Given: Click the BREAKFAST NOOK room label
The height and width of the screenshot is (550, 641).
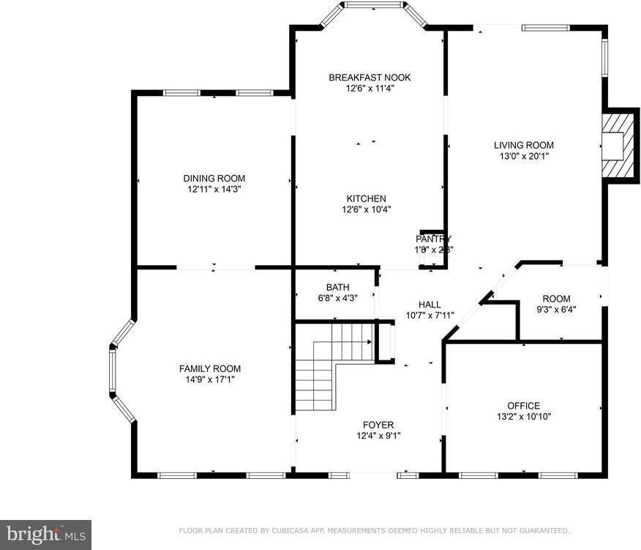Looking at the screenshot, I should point(370,78).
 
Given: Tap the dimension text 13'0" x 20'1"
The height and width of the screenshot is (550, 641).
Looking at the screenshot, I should point(523,156).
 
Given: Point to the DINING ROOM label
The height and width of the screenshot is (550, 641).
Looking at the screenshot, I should point(214,178).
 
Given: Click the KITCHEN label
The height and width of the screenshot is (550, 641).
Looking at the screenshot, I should point(366,198).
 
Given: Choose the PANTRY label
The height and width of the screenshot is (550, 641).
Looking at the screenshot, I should point(433,239).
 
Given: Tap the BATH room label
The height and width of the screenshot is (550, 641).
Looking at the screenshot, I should point(337,287).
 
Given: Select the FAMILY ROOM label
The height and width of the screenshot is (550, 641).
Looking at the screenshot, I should point(210,368).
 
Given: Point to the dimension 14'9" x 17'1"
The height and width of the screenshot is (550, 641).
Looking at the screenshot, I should point(210,379).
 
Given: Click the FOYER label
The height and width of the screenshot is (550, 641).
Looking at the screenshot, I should point(378,425).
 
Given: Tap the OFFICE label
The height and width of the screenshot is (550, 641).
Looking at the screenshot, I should point(523,406).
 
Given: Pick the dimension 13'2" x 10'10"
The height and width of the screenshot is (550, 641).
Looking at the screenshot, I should point(523,417).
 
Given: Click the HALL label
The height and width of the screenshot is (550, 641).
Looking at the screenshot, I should point(430,305).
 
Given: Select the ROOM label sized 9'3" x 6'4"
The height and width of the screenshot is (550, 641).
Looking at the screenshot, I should point(556,299).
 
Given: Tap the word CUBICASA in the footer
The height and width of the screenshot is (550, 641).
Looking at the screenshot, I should point(271,530).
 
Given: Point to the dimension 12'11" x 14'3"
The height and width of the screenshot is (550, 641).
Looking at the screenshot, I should point(214,189).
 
